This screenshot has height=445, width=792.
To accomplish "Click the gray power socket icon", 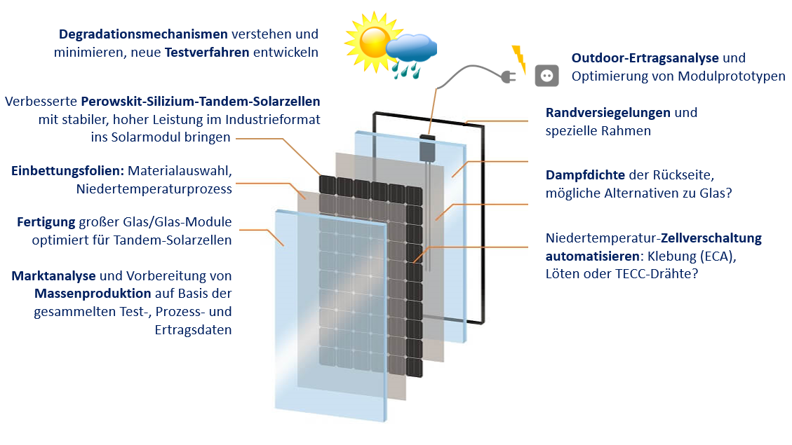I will (x=546, y=75).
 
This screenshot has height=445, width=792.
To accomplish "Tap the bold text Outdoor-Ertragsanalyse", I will (x=645, y=57).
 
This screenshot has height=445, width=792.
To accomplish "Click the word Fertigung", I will (x=46, y=222).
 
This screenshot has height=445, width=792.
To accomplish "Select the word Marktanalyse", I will (x=53, y=276).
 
